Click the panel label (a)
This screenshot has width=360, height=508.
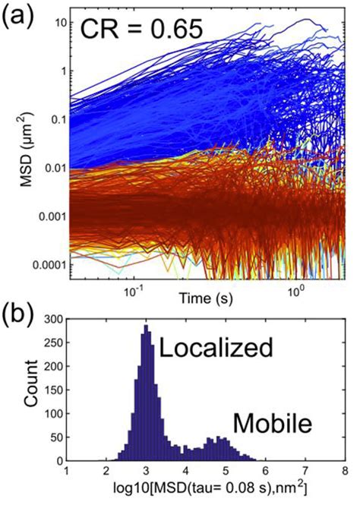pos(17,16)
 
